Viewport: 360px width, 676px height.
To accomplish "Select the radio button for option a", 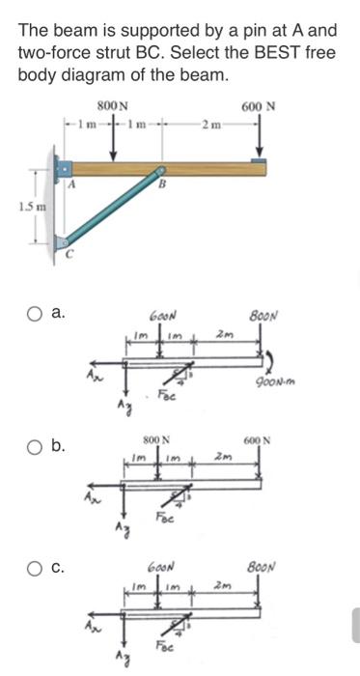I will [35, 313].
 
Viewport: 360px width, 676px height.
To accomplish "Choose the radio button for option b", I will [35, 445].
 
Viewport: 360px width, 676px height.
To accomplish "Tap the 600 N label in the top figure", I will [258, 107].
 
